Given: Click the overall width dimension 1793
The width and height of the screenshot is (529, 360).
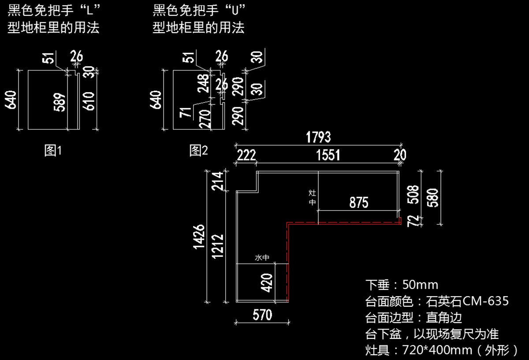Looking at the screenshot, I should [x=318, y=137].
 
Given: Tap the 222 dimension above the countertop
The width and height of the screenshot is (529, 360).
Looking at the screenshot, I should [x=246, y=155].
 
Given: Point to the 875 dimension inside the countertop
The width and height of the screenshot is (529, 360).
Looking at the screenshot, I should [x=358, y=203].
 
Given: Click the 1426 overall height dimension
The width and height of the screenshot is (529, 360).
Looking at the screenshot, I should [x=199, y=237].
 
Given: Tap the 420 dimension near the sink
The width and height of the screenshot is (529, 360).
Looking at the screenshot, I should [x=267, y=283].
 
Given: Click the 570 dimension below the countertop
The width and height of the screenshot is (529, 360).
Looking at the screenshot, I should [x=262, y=315].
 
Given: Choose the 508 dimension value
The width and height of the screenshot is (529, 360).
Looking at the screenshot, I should [x=413, y=194].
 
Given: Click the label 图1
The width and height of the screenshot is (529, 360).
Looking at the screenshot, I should [x=53, y=151].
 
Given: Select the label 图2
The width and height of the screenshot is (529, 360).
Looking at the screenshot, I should [x=198, y=151].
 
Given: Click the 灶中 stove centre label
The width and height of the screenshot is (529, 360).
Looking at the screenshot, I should [x=312, y=198].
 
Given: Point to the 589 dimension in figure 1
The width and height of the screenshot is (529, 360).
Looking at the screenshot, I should [x=61, y=101].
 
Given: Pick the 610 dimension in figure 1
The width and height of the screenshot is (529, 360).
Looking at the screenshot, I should [x=89, y=101].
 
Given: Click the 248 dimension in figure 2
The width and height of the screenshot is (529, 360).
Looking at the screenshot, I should [x=204, y=83].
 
